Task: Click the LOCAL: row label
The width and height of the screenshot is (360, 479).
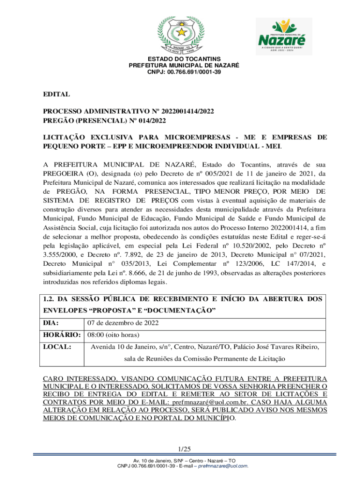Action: coord(57,347)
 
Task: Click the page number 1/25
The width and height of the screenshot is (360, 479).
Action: coord(180,450)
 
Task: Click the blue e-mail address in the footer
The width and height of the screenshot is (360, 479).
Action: coord(223,466)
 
